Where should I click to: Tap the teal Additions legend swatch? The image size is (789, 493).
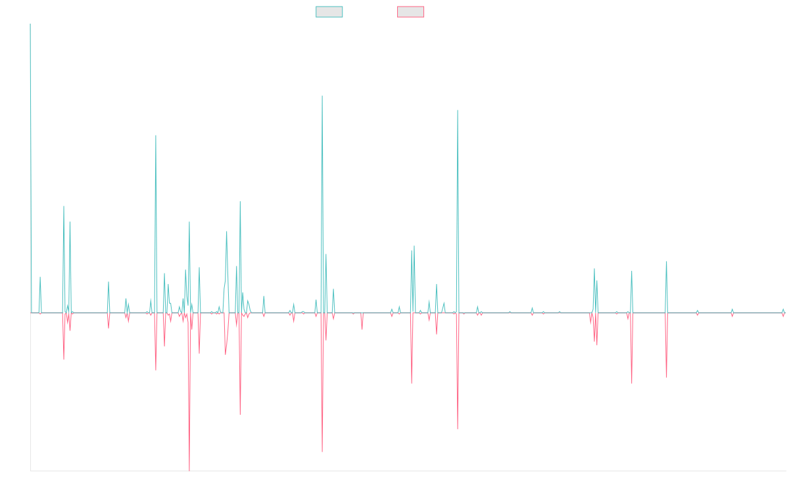click(x=329, y=12)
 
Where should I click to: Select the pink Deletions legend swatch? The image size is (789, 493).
click(x=410, y=12)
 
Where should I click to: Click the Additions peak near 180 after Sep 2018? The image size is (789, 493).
click(x=322, y=97)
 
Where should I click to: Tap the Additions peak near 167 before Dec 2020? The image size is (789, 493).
click(x=457, y=110)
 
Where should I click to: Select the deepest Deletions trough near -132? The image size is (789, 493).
click(x=189, y=471)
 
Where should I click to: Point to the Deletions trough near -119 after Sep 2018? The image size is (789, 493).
click(x=322, y=452)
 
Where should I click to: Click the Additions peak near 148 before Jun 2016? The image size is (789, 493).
click(x=156, y=135)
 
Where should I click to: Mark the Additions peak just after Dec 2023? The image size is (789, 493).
click(x=667, y=262)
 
